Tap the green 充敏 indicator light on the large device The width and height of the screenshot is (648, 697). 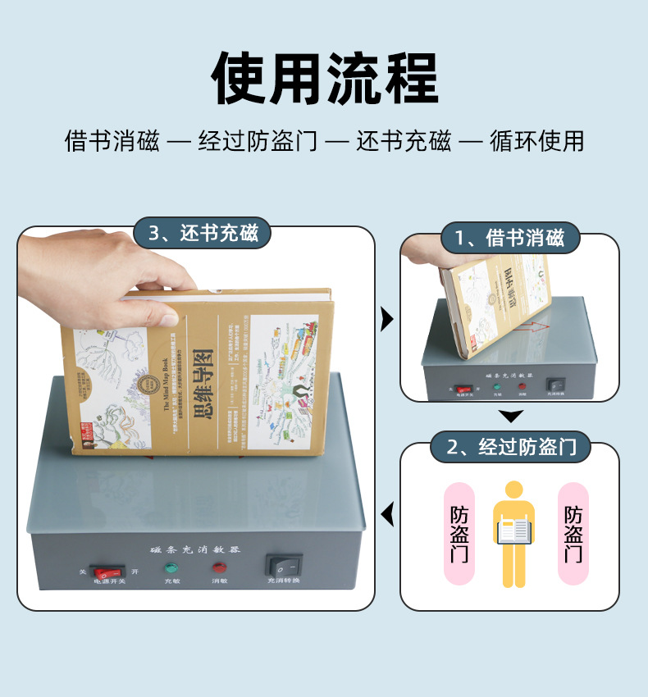[x=171, y=567]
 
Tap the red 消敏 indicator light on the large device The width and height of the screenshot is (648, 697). [x=219, y=567]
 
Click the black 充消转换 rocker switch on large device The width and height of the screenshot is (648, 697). [x=284, y=566]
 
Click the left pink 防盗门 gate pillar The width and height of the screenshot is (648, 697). [x=459, y=534]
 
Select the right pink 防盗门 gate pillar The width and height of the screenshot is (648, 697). [x=573, y=534]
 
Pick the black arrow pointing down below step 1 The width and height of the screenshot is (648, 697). [x=511, y=417]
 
